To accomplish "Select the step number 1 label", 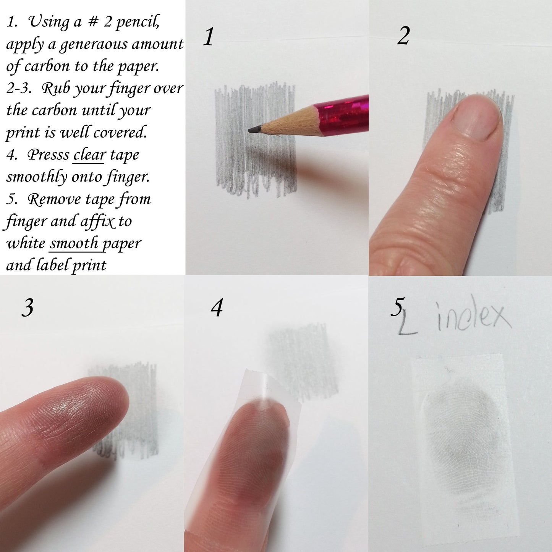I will click(x=208, y=37).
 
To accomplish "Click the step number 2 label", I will click(x=403, y=37).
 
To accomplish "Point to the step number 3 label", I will click(x=28, y=307).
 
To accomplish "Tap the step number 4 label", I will click(x=217, y=308).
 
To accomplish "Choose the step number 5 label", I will click(x=397, y=307).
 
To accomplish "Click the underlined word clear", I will click(x=89, y=155).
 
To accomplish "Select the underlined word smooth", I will click(x=74, y=243).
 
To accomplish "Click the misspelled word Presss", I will click(x=48, y=155).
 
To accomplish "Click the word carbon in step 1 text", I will click(x=47, y=66).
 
